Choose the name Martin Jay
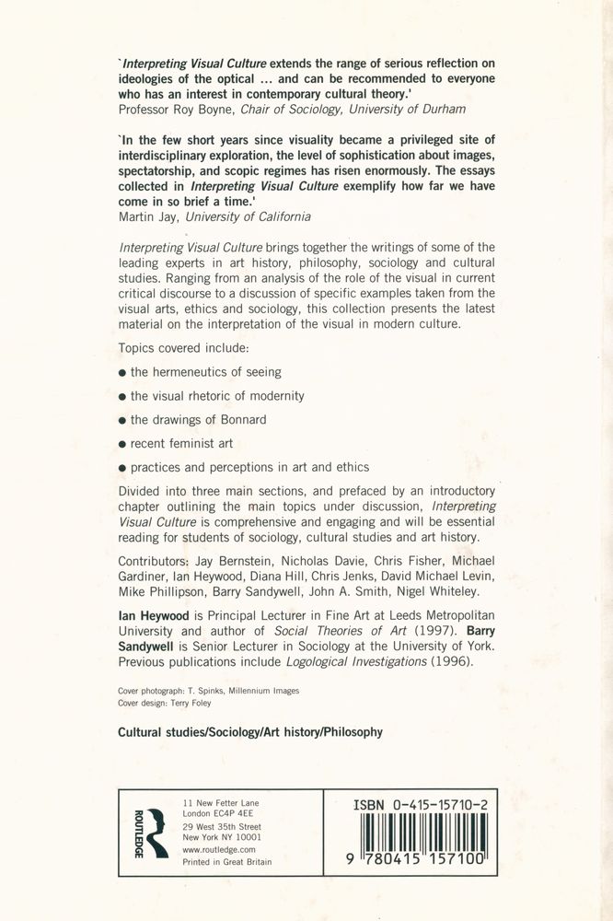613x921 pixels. (149, 216)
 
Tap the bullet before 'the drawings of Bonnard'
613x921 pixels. (122, 420)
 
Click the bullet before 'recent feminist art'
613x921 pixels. (122, 444)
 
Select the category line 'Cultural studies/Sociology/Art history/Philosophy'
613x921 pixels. (250, 732)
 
